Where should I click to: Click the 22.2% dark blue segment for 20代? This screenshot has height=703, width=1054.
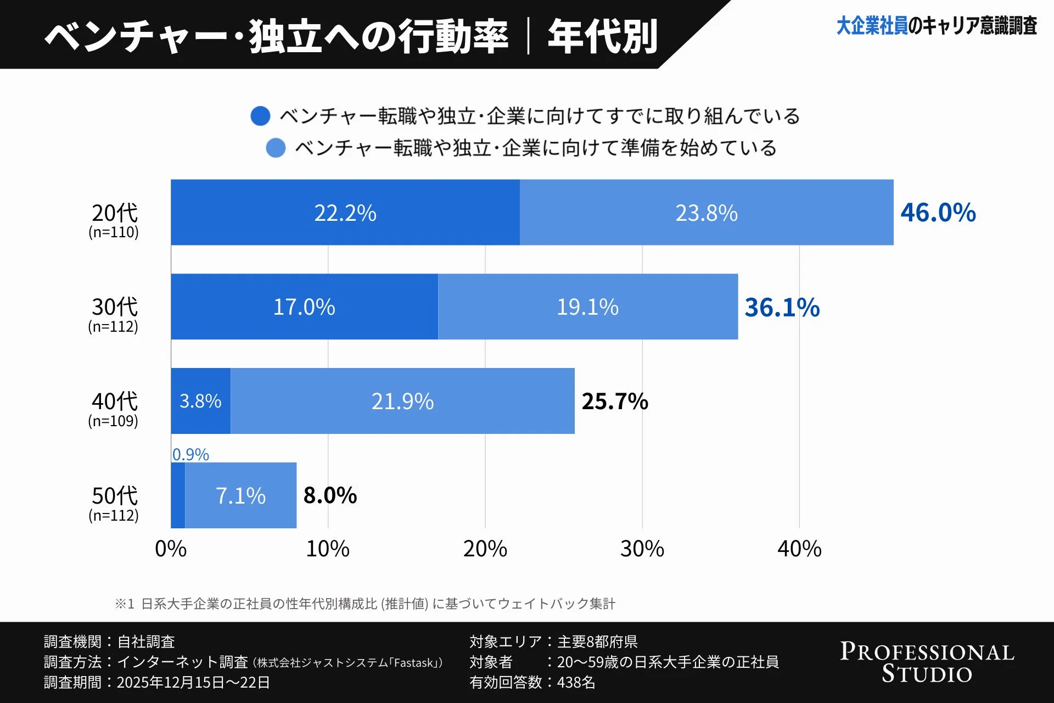345,213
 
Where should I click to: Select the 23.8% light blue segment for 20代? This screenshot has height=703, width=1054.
706,213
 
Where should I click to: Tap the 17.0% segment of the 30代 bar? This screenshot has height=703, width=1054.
304,306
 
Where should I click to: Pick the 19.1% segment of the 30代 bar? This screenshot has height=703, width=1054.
587,306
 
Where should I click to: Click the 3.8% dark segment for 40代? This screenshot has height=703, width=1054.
200,401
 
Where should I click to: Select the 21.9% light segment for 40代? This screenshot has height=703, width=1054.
402,401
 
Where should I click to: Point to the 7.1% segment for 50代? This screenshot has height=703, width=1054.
240,495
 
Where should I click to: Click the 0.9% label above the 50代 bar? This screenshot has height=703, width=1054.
190,454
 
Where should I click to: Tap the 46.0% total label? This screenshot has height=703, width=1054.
938,213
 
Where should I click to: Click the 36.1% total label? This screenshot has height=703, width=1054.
782,307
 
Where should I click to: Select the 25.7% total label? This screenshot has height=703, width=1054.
615,401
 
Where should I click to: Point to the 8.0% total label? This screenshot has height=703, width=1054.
330,495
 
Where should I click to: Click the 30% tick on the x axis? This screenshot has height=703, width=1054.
642,549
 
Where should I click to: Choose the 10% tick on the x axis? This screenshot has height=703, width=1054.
328,549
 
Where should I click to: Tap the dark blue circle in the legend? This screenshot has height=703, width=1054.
260,116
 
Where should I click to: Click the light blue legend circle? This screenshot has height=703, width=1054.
276,148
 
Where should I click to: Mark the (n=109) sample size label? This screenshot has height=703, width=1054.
113,421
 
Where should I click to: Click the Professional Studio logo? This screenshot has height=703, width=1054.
927,662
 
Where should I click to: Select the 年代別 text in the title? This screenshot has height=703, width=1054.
602,36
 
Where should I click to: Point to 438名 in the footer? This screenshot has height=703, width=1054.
576,682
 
